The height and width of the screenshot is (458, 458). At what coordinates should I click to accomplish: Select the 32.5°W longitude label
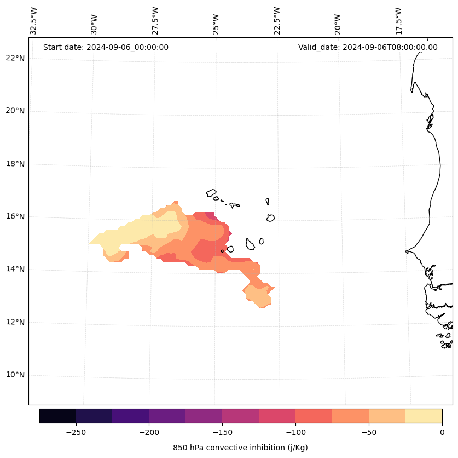point(34,21)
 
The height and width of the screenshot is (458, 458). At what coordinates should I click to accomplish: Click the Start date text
point(106,47)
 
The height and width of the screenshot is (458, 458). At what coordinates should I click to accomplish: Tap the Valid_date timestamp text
point(368,47)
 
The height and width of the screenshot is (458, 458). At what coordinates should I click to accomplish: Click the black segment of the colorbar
point(57,416)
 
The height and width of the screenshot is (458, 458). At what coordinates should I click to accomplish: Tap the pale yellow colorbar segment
point(424,416)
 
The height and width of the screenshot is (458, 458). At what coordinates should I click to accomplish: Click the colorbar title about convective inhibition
point(240,448)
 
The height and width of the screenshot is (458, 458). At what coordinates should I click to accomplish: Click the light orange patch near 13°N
point(257,296)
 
